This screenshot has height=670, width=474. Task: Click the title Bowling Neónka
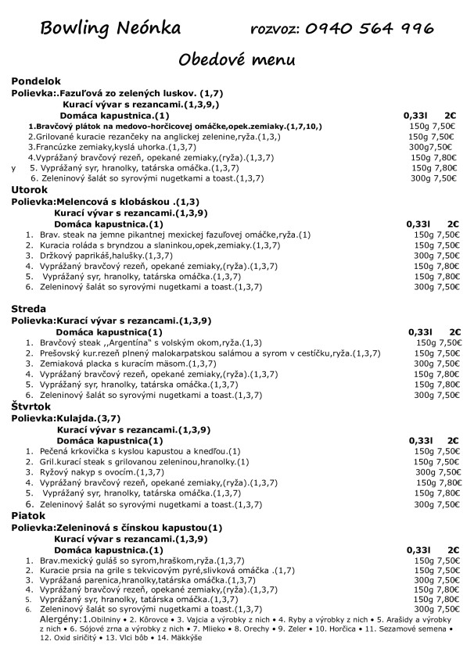click(110, 29)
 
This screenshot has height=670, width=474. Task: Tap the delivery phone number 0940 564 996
click(368, 29)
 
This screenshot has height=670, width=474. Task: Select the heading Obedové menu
click(236, 59)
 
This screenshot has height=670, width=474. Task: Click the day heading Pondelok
click(35, 81)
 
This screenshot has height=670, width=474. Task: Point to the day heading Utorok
click(30, 189)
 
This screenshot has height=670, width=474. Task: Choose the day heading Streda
click(29, 309)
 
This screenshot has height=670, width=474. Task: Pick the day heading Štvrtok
click(31, 407)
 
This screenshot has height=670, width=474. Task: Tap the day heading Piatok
click(28, 516)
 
